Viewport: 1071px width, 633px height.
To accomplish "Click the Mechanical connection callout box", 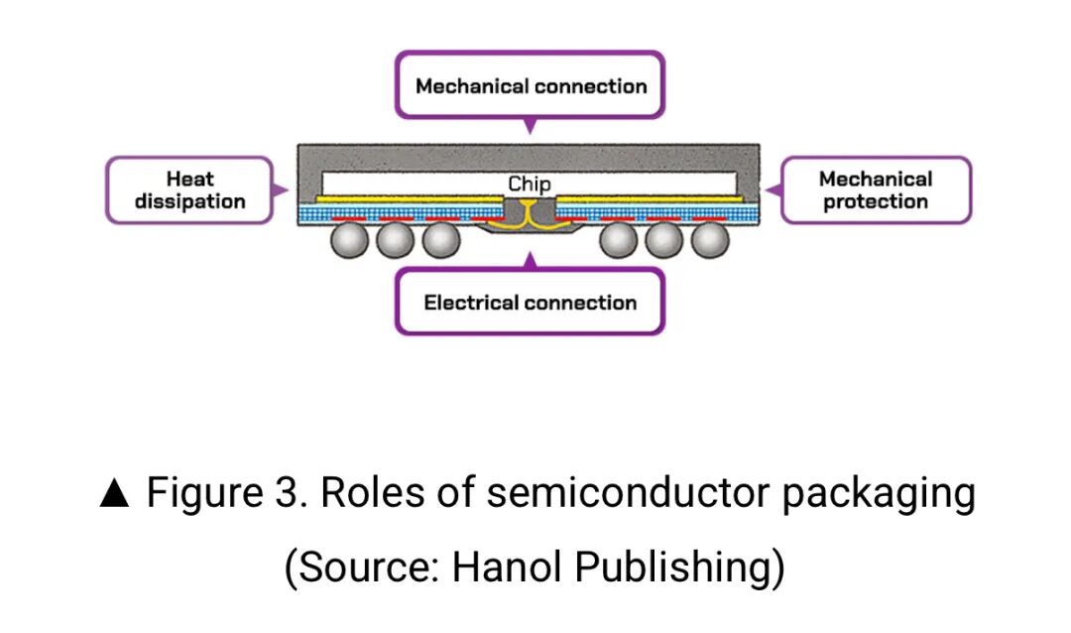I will (530, 85).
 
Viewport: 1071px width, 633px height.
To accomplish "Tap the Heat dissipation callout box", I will (189, 190).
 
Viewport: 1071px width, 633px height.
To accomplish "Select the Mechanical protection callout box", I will (876, 190).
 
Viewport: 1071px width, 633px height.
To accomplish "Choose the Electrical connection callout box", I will (530, 302).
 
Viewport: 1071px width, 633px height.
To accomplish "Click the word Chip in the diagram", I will (529, 184).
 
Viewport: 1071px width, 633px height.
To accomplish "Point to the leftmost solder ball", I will (350, 240).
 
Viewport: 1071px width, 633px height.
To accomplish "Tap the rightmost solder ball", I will (709, 240).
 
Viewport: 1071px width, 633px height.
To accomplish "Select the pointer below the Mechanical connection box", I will (530, 126).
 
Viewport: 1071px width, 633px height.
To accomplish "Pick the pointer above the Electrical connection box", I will (530, 261).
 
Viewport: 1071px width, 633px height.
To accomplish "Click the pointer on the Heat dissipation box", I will (282, 189).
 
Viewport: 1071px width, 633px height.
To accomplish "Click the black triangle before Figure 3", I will (115, 494).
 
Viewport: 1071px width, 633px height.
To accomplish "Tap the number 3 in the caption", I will (292, 493).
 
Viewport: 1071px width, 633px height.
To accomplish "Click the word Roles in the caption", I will (359, 493).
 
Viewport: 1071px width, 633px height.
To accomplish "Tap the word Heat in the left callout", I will (189, 179).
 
